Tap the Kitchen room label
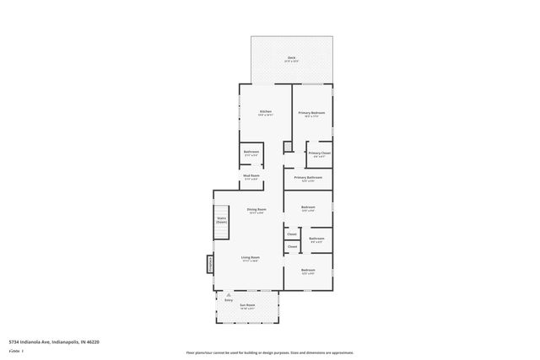click(266, 113)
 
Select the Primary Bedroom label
click(311, 113)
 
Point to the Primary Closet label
click(319, 153)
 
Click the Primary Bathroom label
click(308, 178)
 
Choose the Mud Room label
click(251, 177)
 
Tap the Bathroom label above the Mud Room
click(251, 153)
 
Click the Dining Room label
click(256, 210)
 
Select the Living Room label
click(250, 258)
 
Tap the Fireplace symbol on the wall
click(210, 265)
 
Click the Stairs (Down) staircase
click(221, 221)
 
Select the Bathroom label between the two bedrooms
click(316, 239)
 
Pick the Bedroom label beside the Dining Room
click(308, 208)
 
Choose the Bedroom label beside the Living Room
click(308, 271)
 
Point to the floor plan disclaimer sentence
click(269, 352)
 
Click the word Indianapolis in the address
click(67, 341)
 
